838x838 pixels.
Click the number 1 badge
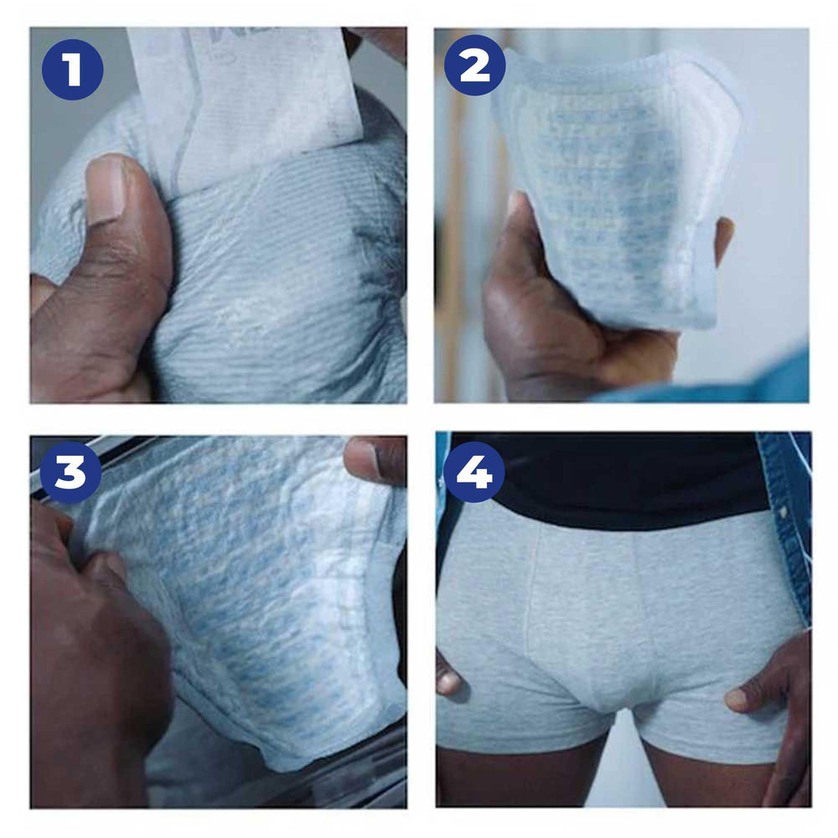(72, 69)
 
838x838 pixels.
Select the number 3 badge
(70, 473)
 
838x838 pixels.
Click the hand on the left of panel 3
(92, 654)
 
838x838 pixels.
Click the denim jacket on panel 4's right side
(792, 520)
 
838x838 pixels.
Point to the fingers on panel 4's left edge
(447, 670)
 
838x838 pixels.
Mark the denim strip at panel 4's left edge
(442, 503)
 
